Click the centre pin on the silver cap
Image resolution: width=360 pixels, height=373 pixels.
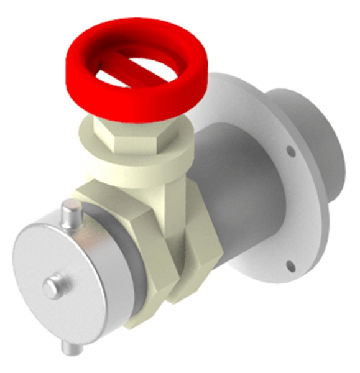click(x=52, y=287)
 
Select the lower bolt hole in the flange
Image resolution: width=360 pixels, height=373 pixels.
click(x=289, y=267)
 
